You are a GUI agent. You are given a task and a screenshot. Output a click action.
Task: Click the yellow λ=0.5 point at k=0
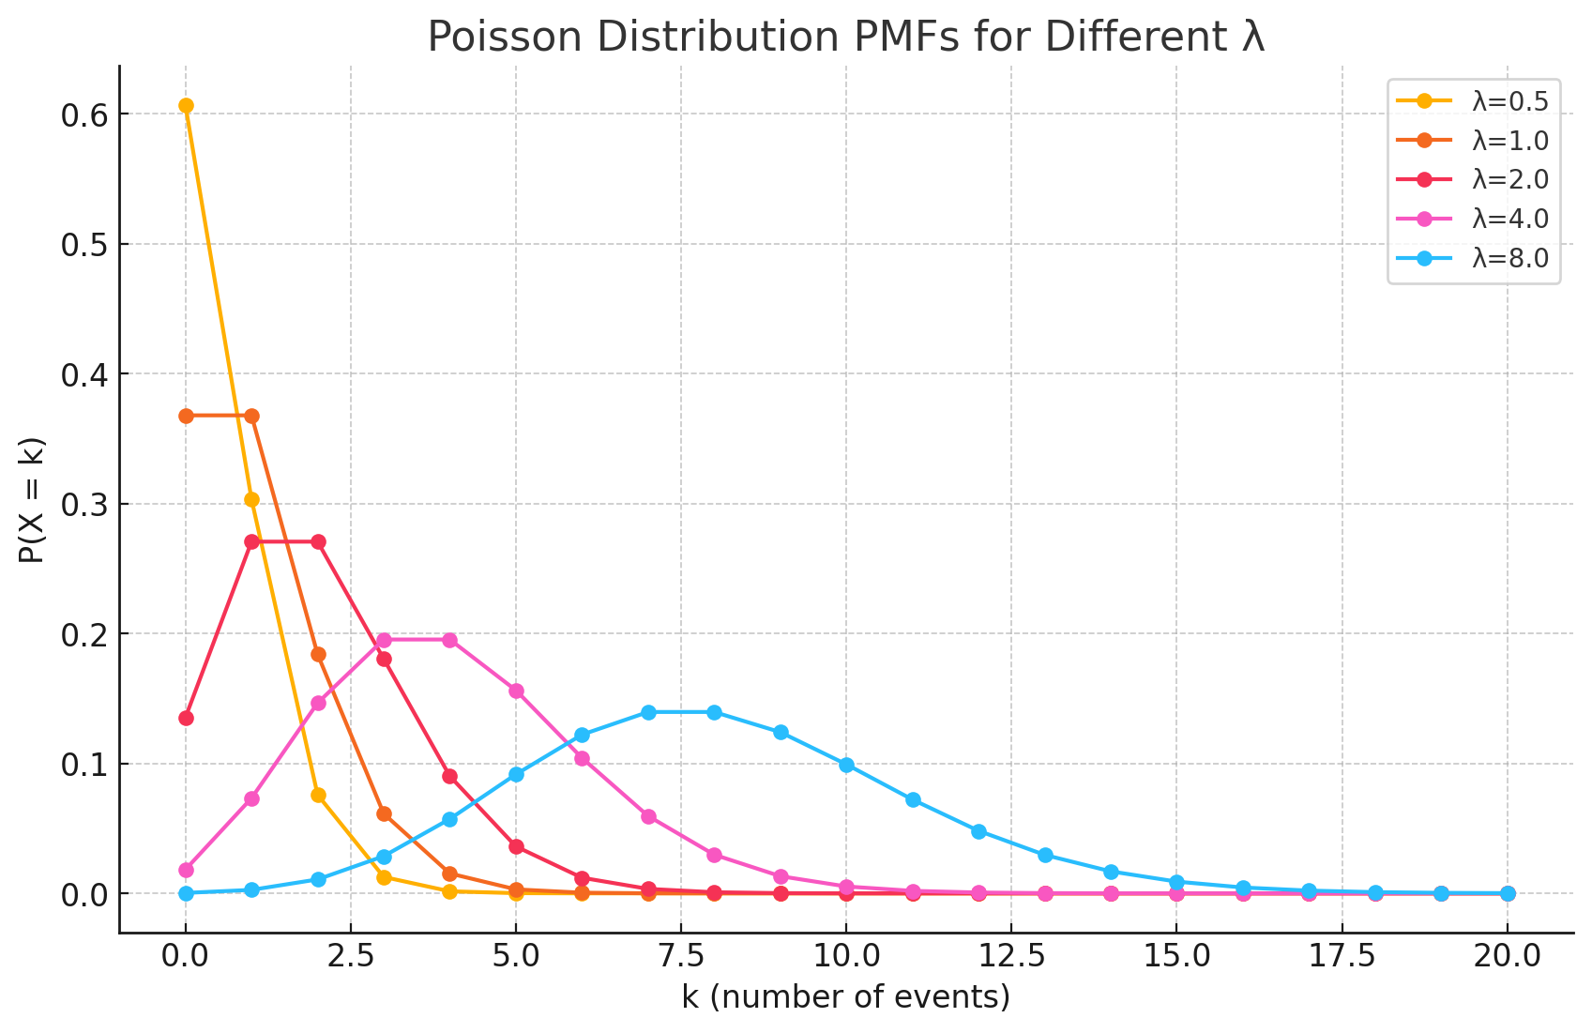click(x=186, y=105)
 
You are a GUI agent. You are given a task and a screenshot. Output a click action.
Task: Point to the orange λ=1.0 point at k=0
click(x=186, y=416)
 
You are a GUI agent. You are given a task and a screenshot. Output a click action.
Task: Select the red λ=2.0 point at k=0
click(x=186, y=718)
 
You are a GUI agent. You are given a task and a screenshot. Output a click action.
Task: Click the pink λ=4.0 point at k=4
click(x=449, y=640)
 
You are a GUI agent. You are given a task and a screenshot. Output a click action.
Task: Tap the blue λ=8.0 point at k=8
click(x=714, y=712)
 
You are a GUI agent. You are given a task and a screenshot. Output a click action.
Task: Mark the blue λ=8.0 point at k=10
click(x=846, y=765)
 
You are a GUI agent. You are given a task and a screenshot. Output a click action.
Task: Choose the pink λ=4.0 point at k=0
click(x=186, y=870)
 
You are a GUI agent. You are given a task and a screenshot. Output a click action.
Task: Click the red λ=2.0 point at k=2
click(x=318, y=541)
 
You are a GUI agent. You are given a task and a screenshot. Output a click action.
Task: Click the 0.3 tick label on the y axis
click(x=85, y=505)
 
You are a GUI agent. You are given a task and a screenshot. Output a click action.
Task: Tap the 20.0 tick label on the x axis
click(x=1507, y=956)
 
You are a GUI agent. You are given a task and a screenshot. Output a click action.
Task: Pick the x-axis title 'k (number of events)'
click(x=846, y=996)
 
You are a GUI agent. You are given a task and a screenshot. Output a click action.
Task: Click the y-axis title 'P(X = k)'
click(x=32, y=499)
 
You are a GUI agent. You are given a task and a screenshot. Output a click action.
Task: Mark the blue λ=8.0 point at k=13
click(x=1045, y=855)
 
